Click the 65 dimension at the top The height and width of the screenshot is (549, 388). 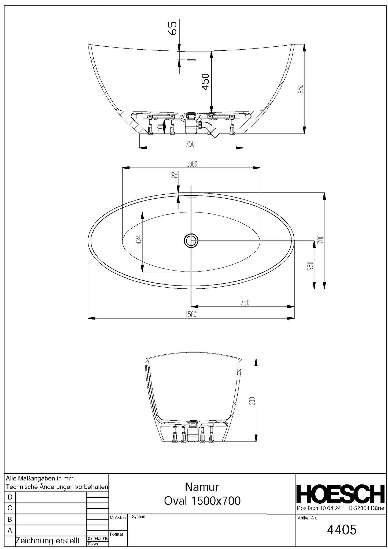click(173, 28)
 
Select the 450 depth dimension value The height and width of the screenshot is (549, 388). click(205, 82)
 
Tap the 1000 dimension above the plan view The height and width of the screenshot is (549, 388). click(192, 164)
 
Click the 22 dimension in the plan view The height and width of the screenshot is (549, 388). click(174, 175)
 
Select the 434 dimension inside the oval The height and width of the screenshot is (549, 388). click(138, 239)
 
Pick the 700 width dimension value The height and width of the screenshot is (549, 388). click(321, 239)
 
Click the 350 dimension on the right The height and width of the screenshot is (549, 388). click(310, 266)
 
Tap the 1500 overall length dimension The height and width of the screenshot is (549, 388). click(191, 314)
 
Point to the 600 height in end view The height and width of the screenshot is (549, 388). click(252, 401)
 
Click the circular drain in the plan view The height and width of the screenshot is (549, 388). click(191, 240)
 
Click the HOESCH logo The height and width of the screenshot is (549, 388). click(341, 494)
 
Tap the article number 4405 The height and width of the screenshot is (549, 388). click(342, 530)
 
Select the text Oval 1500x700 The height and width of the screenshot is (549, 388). click(202, 501)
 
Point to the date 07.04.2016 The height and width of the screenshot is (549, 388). click(98, 538)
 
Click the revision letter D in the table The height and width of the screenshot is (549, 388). click(10, 497)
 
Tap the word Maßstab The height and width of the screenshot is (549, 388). click(118, 518)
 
